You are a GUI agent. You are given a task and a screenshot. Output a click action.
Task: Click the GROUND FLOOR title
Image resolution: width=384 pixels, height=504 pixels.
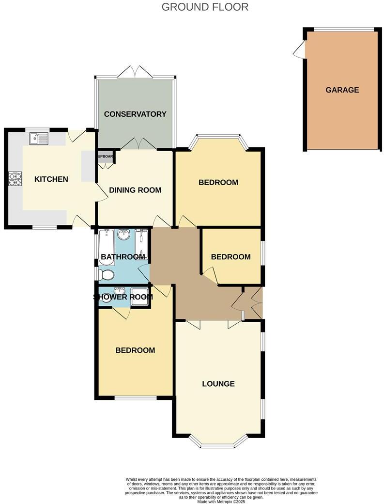[x=205, y=7]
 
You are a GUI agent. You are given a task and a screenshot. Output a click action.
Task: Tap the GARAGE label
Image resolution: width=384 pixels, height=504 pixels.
[x=342, y=90]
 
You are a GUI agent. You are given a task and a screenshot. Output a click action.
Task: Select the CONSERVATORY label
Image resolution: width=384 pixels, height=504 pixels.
[x=135, y=114]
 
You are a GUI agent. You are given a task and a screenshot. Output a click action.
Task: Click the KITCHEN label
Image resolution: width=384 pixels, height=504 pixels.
[x=51, y=179]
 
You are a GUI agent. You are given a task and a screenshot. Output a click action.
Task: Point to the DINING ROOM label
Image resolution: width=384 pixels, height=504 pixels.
[x=135, y=190]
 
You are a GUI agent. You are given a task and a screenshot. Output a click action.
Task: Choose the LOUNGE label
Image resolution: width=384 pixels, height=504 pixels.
[x=218, y=384]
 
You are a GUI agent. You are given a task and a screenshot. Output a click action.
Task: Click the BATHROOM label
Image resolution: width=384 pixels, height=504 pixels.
[x=121, y=256]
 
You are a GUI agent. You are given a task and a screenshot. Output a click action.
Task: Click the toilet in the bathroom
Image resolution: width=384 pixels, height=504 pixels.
[x=106, y=275]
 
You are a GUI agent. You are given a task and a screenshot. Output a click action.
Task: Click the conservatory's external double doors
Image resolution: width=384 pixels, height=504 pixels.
[x=136, y=72]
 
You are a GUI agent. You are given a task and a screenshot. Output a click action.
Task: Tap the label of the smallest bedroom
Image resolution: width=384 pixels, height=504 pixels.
[x=230, y=257]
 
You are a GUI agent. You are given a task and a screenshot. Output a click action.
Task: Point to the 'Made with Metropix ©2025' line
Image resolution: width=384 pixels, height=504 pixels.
[x=221, y=501]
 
